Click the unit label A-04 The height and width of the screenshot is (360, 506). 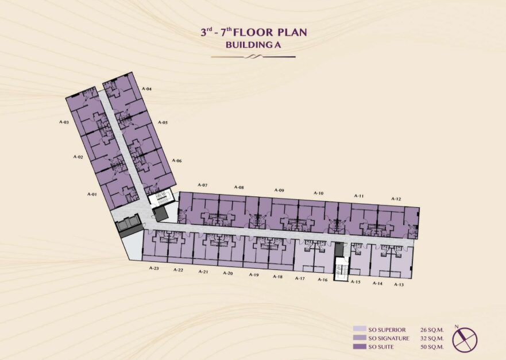coord(147,89)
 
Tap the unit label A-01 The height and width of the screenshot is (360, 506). coord(92,194)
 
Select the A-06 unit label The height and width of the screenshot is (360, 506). coord(177,160)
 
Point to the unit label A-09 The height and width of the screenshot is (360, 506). coord(279,190)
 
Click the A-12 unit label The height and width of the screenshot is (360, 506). coord(396,199)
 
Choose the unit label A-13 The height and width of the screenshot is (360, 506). coord(399,285)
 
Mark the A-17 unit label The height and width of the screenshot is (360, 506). coord(300,278)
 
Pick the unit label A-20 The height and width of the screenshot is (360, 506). coord(228,273)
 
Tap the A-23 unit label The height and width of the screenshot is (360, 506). coord(154,268)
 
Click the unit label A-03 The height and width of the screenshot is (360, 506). coord(64,122)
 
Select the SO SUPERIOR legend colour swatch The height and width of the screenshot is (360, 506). coord(360,329)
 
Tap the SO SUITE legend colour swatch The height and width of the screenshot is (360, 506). coord(360,347)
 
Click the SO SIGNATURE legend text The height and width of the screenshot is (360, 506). coord(388,338)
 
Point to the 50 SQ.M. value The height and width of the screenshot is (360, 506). coord(432,347)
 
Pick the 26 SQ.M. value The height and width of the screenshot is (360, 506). coord(432,330)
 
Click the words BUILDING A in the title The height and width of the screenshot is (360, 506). coord(253,45)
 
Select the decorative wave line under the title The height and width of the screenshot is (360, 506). coord(253,57)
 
